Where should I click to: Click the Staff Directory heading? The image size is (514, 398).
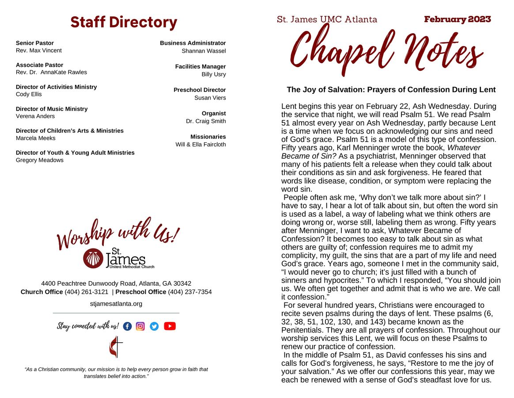[124, 22]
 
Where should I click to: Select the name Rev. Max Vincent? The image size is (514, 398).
[39, 50]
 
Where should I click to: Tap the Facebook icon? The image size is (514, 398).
[127, 326]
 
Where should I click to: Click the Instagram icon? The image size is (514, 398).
[140, 326]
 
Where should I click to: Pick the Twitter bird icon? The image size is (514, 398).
[154, 326]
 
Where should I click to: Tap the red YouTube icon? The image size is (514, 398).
[170, 326]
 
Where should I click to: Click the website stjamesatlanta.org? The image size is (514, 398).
[116, 303]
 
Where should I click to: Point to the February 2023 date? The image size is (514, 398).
[457, 19]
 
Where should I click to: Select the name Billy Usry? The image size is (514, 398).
[214, 74]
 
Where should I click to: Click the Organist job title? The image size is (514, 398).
[214, 113]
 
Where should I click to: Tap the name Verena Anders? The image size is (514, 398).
[35, 116]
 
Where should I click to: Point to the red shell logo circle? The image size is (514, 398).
[93, 258]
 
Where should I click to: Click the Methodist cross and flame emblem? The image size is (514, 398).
[116, 347]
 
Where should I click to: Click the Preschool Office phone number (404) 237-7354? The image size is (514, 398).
[190, 292]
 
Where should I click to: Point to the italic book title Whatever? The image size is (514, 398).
[464, 148]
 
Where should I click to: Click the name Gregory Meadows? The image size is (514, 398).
[40, 160]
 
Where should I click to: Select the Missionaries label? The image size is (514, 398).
[208, 137]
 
